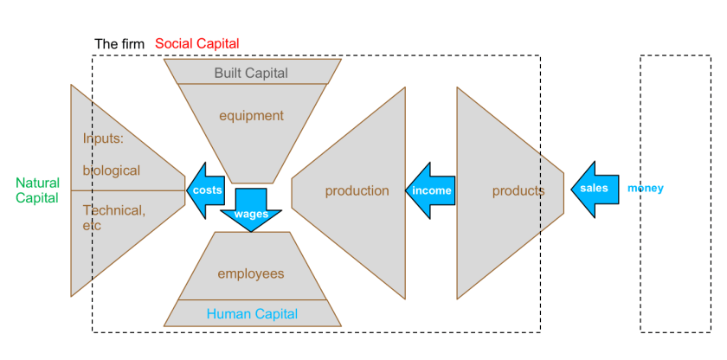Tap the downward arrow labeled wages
click(x=251, y=211)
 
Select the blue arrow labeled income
click(x=430, y=190)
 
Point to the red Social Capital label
click(x=196, y=43)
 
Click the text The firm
click(x=119, y=43)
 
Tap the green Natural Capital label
click(x=37, y=190)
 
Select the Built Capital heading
click(x=251, y=73)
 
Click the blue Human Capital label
click(x=252, y=314)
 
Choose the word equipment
click(x=251, y=115)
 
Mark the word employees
click(x=251, y=273)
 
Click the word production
click(x=357, y=190)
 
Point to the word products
click(x=518, y=190)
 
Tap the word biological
click(x=112, y=170)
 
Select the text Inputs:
click(x=104, y=138)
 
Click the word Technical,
click(x=114, y=209)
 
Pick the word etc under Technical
click(x=92, y=225)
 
